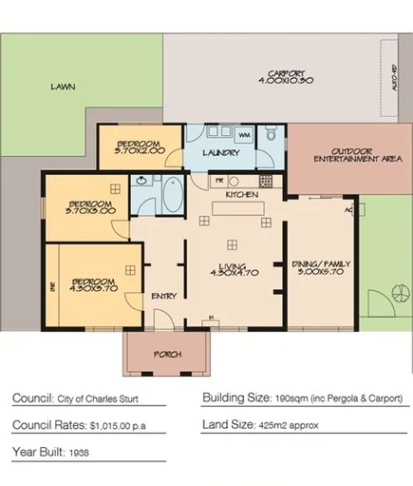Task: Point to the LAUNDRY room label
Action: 219,152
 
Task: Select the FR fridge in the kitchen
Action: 218,179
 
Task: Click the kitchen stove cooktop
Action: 263,180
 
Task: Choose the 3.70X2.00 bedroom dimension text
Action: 140,149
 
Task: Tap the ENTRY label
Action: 163,296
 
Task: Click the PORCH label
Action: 167,355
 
